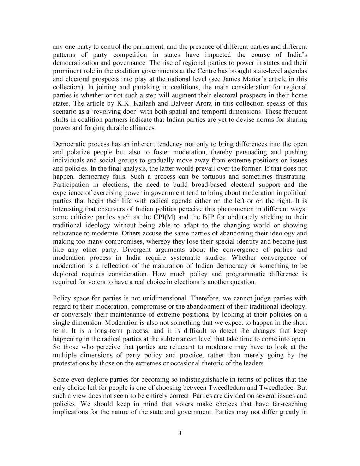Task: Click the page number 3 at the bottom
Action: (x=180, y=434)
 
